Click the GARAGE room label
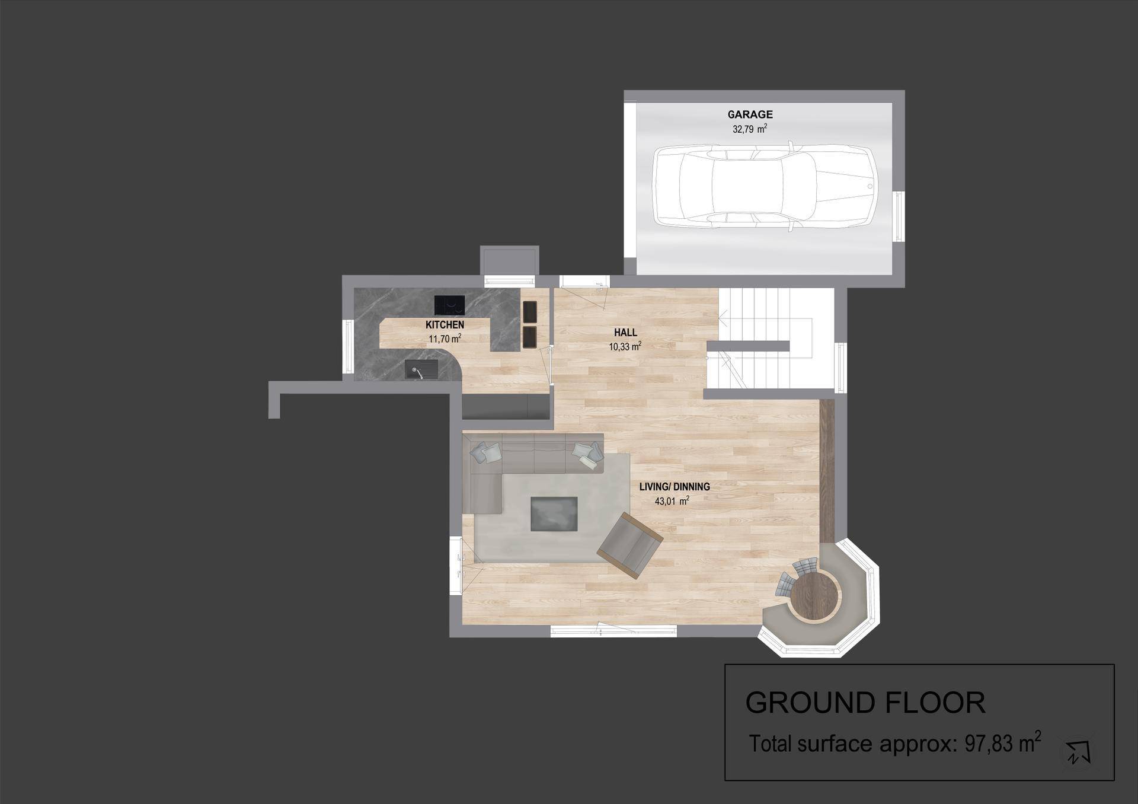(x=750, y=114)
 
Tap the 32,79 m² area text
(x=750, y=129)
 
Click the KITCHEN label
(x=445, y=325)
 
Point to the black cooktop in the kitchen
(x=449, y=305)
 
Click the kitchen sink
(x=421, y=369)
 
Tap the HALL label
(x=625, y=333)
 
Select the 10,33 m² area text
(x=625, y=346)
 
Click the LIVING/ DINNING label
(x=675, y=487)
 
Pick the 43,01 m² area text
(x=672, y=501)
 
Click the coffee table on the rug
(x=554, y=514)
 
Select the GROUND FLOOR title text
(x=865, y=703)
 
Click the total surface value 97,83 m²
(x=1003, y=742)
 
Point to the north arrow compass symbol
(x=1078, y=752)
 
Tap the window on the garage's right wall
(x=899, y=216)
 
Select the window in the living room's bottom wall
(x=613, y=631)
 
